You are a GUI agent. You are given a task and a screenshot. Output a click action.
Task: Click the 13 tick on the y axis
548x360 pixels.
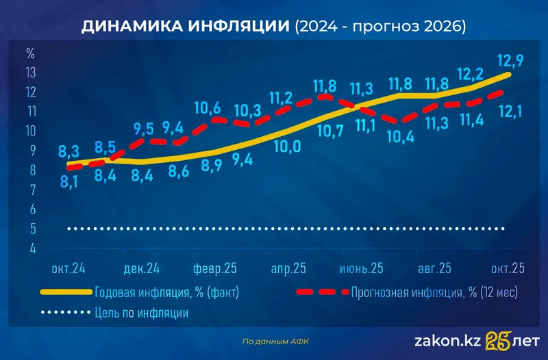click(31, 72)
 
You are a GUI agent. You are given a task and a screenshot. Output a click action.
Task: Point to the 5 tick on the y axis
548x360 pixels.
click(31, 229)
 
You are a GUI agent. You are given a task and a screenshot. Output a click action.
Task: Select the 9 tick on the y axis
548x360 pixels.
click(31, 150)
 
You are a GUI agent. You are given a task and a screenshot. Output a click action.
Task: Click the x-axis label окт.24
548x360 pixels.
click(68, 267)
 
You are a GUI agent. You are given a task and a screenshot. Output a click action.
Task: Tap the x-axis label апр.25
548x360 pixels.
click(288, 267)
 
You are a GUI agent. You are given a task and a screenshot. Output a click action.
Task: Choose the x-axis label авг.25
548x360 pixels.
click(434, 267)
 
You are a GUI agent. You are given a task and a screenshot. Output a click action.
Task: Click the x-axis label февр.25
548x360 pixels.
click(214, 267)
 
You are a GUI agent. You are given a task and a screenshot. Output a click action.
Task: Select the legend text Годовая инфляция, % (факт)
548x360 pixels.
click(166, 292)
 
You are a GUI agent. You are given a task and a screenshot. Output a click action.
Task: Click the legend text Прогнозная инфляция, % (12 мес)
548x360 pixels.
click(434, 292)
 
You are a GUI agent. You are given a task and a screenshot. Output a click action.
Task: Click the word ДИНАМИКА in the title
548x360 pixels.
click(130, 27)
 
